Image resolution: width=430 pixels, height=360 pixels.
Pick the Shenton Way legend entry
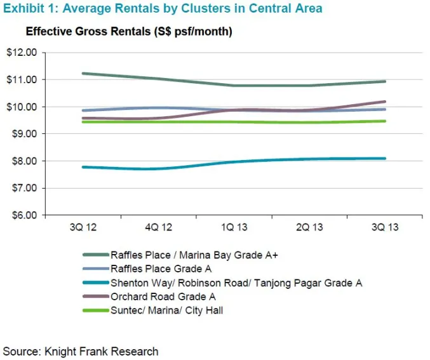click(x=235, y=283)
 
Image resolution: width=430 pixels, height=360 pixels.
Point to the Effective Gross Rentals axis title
click(x=129, y=32)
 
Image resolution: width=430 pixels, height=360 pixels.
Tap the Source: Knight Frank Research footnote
click(x=81, y=351)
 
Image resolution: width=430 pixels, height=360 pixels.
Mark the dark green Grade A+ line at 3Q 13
click(x=385, y=81)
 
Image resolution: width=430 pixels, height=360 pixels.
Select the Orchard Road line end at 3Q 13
click(x=385, y=102)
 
